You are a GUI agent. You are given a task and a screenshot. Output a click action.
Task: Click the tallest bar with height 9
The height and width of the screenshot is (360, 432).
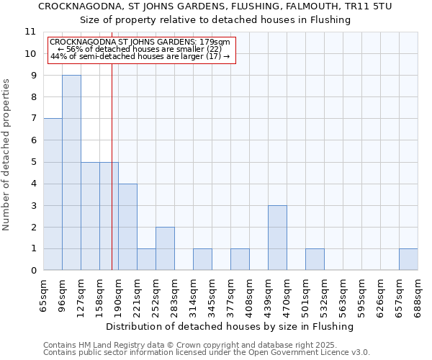(71, 173)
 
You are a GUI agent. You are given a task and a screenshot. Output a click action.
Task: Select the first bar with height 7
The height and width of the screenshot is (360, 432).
(53, 194)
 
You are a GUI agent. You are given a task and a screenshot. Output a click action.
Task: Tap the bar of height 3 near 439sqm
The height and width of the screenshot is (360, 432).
(277, 238)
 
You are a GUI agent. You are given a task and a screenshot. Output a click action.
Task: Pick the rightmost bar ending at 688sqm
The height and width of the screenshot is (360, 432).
(408, 260)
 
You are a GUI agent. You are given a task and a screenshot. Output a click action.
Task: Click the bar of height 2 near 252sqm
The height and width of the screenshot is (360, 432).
(165, 248)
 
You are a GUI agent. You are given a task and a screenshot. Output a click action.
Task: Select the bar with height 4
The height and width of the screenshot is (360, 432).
(127, 227)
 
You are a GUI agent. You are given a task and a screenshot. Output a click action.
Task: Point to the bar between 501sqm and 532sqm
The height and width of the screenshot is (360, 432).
(315, 260)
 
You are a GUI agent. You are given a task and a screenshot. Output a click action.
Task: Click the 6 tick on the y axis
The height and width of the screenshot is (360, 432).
(32, 140)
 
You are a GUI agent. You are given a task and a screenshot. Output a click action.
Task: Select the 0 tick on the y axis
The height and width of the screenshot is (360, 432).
(32, 271)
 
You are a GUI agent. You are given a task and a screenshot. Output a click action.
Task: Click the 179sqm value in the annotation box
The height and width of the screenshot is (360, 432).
(215, 42)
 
